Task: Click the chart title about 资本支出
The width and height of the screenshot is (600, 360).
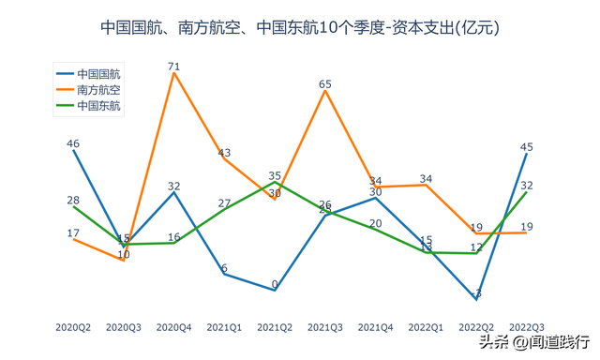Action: tap(299, 28)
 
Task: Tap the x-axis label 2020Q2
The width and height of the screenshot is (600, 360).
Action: tap(73, 327)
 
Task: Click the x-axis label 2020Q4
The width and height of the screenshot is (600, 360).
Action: tap(173, 327)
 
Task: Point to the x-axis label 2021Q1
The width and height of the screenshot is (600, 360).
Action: tap(224, 327)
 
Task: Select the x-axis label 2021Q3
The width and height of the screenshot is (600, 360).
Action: tap(324, 327)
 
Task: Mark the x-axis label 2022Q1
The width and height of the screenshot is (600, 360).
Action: tap(426, 327)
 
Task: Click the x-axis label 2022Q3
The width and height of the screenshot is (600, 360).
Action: tap(526, 327)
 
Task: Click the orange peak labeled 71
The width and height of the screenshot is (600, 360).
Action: tap(174, 67)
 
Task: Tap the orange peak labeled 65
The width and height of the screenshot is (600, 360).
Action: tap(325, 84)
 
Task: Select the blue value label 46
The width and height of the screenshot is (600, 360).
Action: tap(73, 143)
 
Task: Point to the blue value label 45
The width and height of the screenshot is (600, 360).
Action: tap(527, 146)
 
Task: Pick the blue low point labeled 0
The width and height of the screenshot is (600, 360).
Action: tap(275, 284)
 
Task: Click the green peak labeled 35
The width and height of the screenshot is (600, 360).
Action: tap(275, 175)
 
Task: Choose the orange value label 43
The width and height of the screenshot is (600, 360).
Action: tap(225, 152)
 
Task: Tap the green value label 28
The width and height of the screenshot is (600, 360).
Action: tap(73, 200)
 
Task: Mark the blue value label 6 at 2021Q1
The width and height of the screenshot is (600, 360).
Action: tap(225, 268)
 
